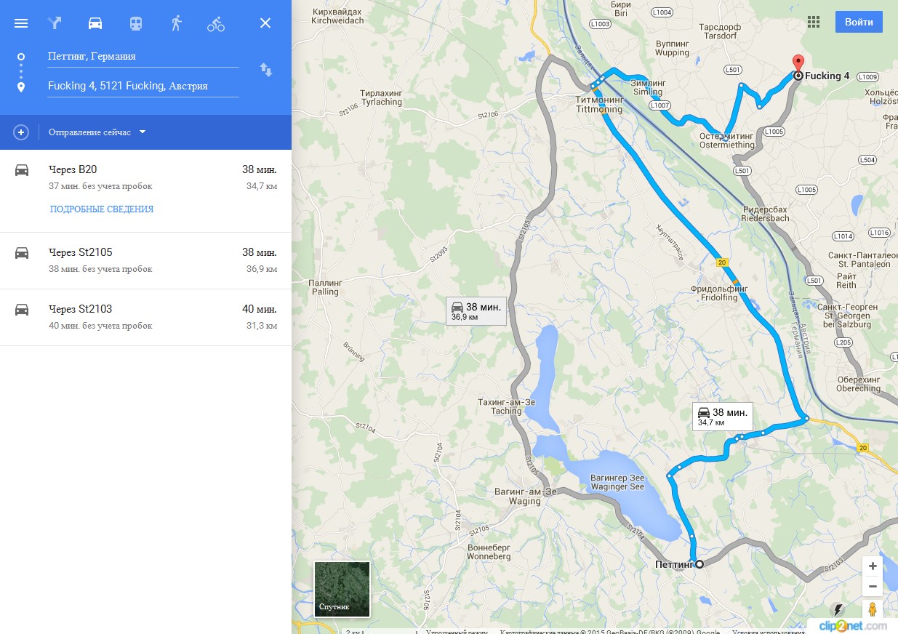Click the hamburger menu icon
pyautogui.click(x=21, y=23)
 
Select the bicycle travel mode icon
pyautogui.click(x=216, y=23)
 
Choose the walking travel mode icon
pyautogui.click(x=176, y=23)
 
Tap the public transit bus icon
pyautogui.click(x=136, y=23)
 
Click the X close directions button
pyautogui.click(x=265, y=23)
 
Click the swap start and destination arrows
pyautogui.click(x=266, y=70)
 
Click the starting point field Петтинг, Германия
pyautogui.click(x=143, y=56)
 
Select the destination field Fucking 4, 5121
pyautogui.click(x=143, y=86)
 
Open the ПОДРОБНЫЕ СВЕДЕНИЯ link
pyautogui.click(x=102, y=209)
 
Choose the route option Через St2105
pyautogui.click(x=80, y=252)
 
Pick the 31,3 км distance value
pyautogui.click(x=261, y=326)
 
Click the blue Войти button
pyautogui.click(x=859, y=22)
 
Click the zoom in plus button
pyautogui.click(x=873, y=566)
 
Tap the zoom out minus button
pyautogui.click(x=873, y=587)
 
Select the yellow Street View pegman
pyautogui.click(x=873, y=609)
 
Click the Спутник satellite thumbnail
pyautogui.click(x=342, y=589)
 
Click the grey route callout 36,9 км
pyautogui.click(x=476, y=310)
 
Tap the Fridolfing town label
pyautogui.click(x=719, y=293)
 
